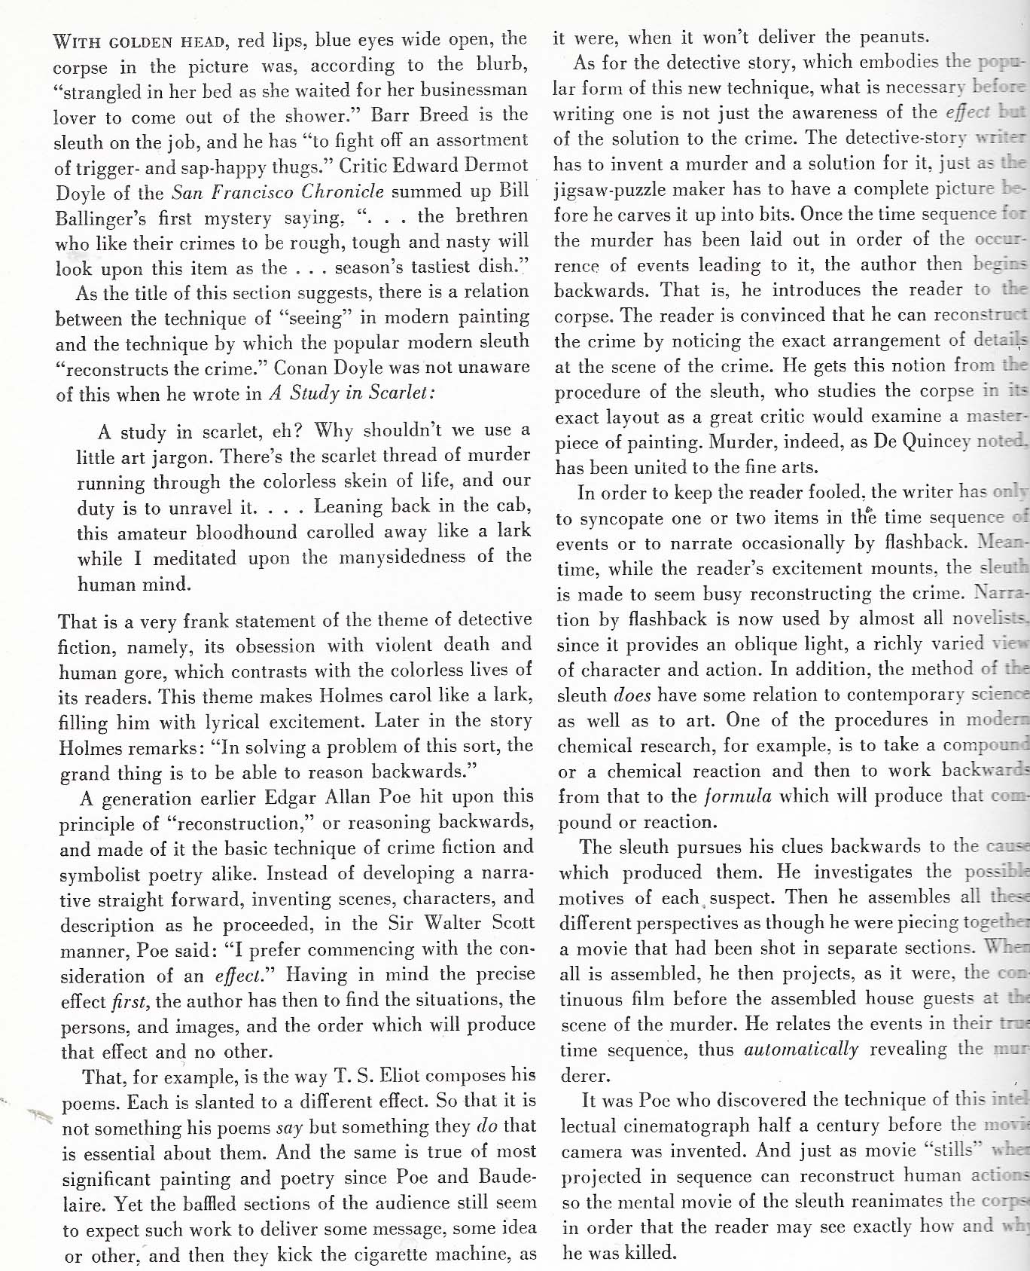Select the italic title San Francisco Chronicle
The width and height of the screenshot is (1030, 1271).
pyautogui.click(x=278, y=192)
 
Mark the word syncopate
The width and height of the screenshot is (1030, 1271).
pyautogui.click(x=628, y=518)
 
